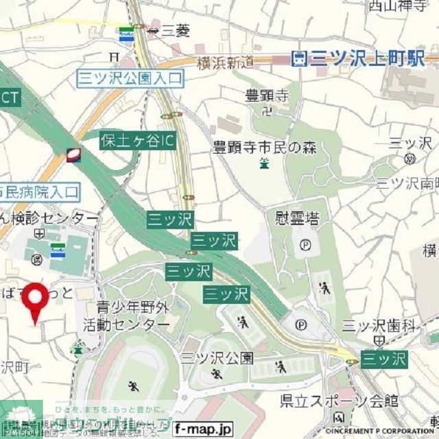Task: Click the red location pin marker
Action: (x=37, y=300)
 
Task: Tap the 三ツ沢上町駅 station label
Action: (x=357, y=60)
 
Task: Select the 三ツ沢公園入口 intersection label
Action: (x=130, y=78)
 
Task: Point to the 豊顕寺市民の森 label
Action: (x=264, y=146)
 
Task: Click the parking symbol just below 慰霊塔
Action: (x=305, y=244)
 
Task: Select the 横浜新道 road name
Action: (x=224, y=62)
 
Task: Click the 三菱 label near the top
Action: (x=176, y=30)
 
